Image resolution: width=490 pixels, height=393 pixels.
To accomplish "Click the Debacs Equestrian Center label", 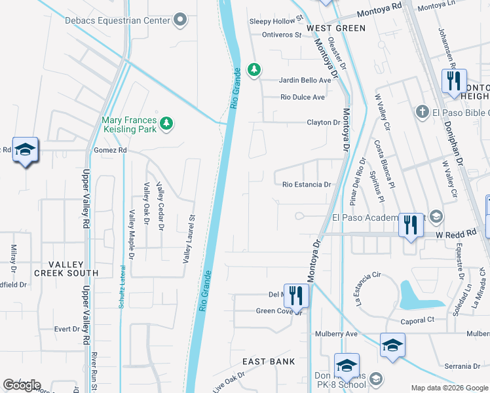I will (117, 20).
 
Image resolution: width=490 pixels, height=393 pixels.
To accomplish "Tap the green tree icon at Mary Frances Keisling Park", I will (167, 123).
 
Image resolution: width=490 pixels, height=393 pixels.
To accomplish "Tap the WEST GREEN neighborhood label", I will (336, 28).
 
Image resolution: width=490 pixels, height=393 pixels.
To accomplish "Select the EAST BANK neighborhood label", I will (269, 362).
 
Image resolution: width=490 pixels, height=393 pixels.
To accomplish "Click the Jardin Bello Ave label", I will (305, 80).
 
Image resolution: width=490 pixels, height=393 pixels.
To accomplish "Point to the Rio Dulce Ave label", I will (303, 98).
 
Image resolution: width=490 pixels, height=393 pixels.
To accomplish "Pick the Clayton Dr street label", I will (324, 122).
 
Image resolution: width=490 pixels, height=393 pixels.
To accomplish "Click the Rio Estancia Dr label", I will (307, 185).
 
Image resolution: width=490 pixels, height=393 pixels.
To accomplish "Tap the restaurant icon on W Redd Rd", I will (410, 225).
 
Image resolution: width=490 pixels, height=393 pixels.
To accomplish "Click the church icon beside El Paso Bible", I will (423, 113).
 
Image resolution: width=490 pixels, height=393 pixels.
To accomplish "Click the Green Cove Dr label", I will (278, 311).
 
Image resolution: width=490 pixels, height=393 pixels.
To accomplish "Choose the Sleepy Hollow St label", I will (276, 20).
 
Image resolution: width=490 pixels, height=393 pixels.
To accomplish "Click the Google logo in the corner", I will (22, 385).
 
